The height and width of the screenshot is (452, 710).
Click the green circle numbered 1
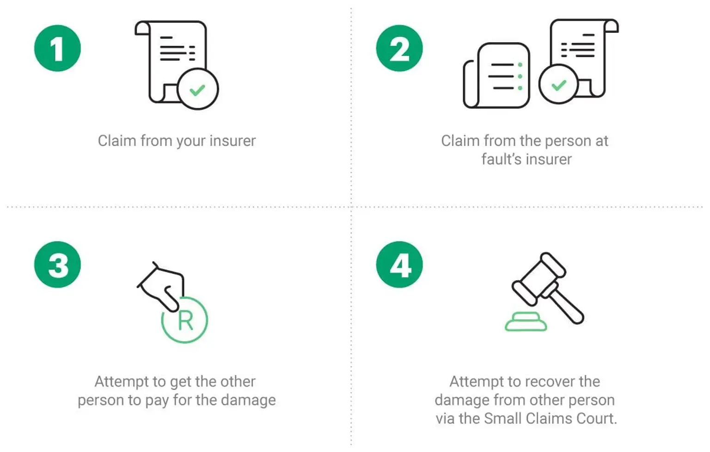pyautogui.click(x=57, y=48)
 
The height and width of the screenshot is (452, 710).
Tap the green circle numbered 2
pyautogui.click(x=399, y=48)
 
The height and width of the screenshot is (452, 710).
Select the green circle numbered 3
pyautogui.click(x=57, y=265)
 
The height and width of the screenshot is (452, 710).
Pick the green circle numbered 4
pyautogui.click(x=399, y=265)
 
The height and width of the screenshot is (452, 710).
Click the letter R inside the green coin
pyautogui.click(x=185, y=321)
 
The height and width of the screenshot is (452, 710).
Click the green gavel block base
pyautogui.click(x=526, y=322)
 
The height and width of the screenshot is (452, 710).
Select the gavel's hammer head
pyautogui.click(x=539, y=279)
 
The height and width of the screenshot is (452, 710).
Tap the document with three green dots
pyautogui.click(x=497, y=75)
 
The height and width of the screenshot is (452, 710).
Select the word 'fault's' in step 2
pyautogui.click(x=499, y=159)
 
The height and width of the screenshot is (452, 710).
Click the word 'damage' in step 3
pyautogui.click(x=248, y=400)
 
